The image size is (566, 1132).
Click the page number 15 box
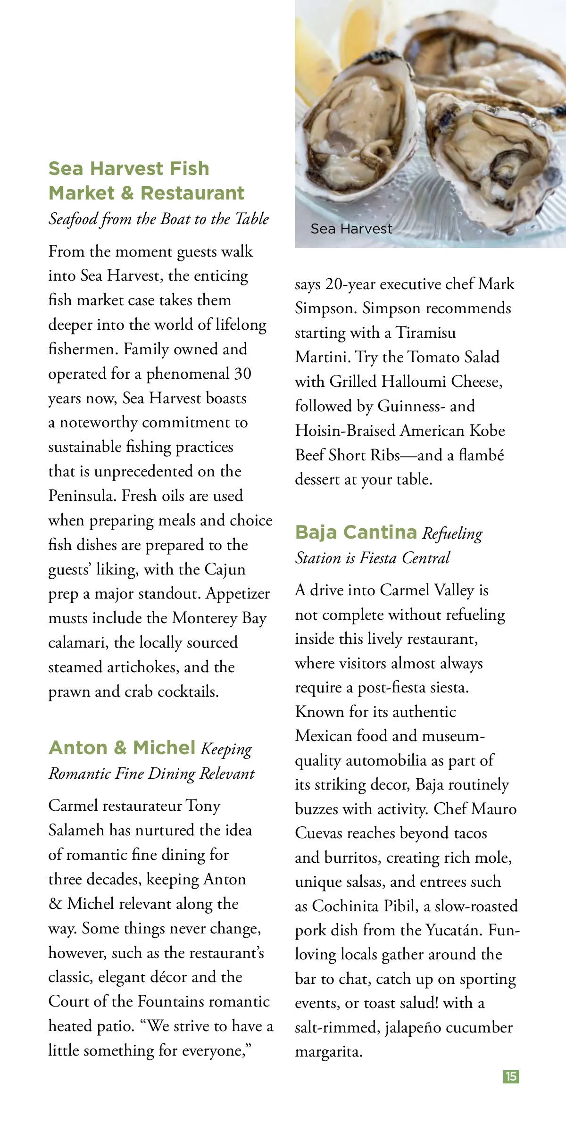click(x=511, y=1076)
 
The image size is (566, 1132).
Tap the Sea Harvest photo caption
click(x=351, y=229)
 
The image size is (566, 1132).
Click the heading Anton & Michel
click(x=122, y=748)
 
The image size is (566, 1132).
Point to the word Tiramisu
click(x=425, y=333)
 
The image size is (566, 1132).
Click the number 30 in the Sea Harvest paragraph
click(x=243, y=374)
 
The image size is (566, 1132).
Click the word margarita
click(x=328, y=1052)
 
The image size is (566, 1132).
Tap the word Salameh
click(x=76, y=830)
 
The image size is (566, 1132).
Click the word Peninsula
click(x=82, y=496)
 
